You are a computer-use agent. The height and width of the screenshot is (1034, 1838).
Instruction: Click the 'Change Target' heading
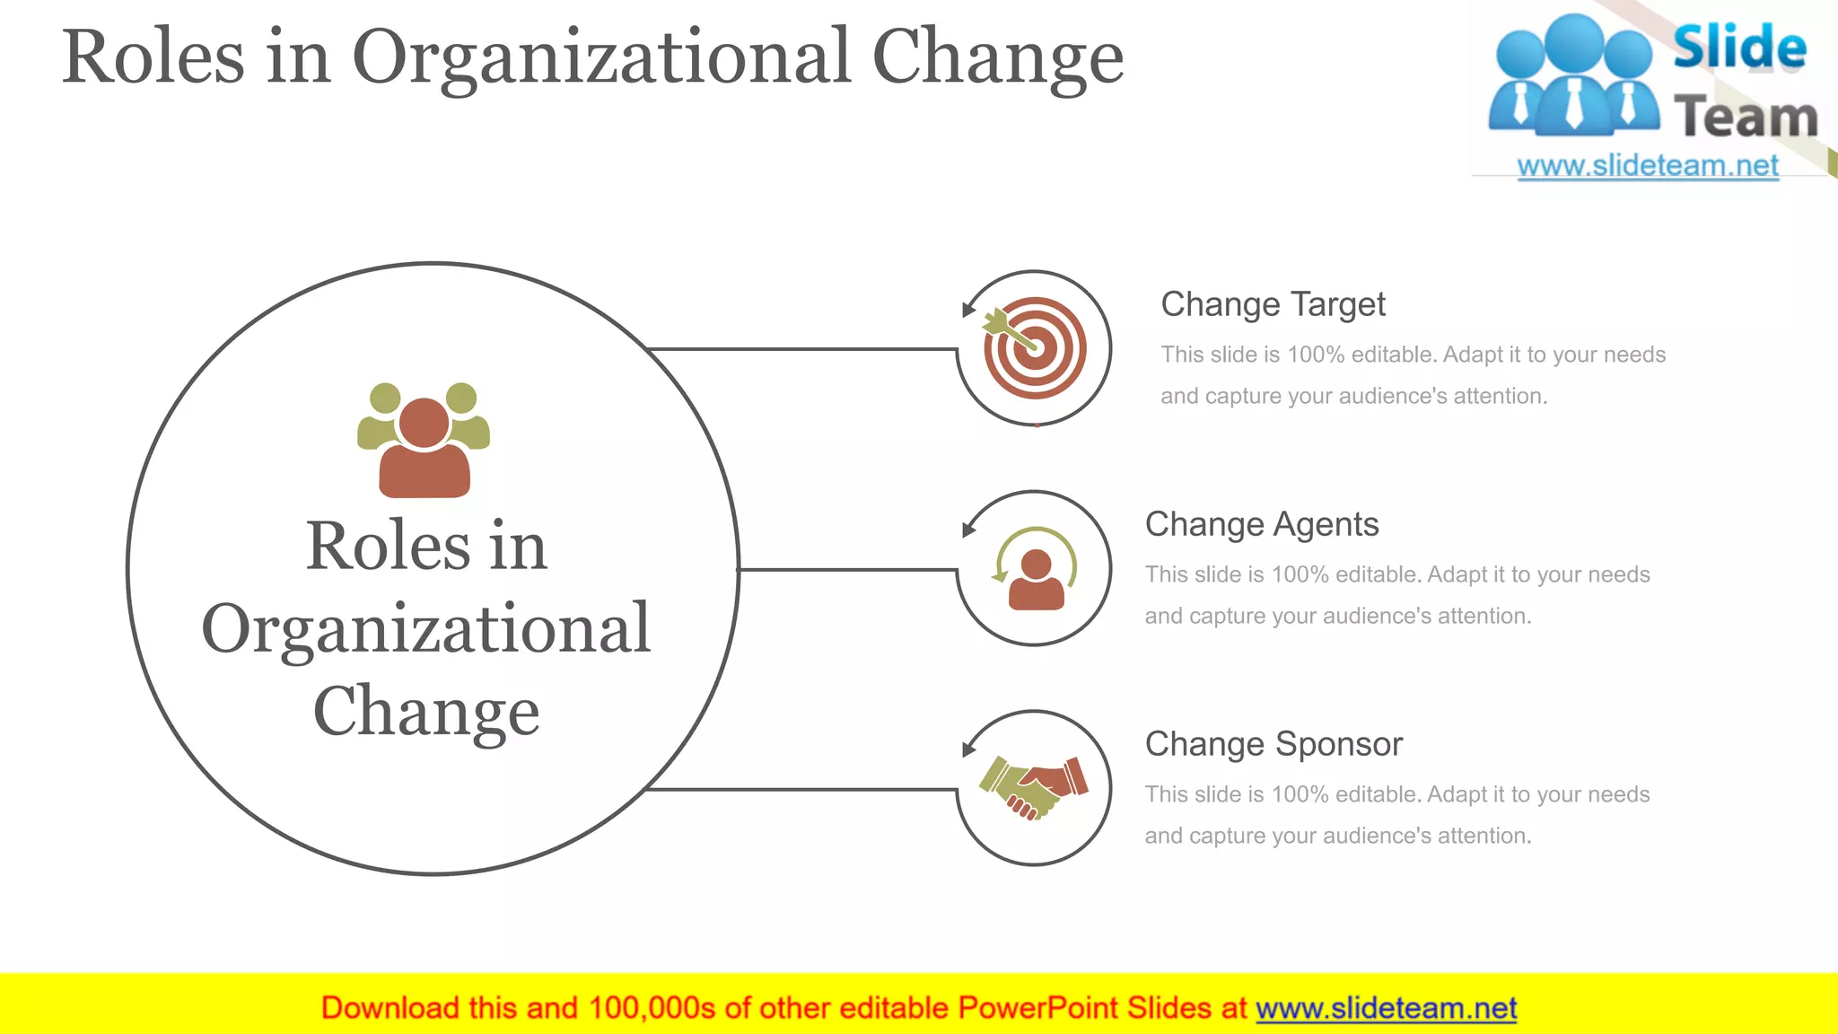click(1273, 304)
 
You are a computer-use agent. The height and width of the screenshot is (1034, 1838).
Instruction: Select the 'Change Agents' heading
click(1261, 524)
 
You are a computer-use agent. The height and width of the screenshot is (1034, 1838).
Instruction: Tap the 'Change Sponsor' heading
click(1273, 744)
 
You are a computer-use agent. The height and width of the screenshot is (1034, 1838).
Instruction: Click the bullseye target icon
click(1035, 348)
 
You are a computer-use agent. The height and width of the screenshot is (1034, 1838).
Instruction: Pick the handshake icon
click(1034, 787)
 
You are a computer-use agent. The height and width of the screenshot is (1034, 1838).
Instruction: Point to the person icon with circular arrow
click(1035, 569)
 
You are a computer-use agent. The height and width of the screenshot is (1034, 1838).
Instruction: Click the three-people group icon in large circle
click(424, 439)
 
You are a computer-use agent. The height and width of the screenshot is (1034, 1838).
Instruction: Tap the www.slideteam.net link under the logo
click(1648, 166)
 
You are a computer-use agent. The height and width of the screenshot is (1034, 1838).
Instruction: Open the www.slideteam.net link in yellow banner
click(1386, 1008)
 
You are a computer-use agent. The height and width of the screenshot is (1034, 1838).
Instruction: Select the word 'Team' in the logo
click(1745, 117)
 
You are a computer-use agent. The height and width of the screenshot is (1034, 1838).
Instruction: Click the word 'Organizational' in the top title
click(601, 57)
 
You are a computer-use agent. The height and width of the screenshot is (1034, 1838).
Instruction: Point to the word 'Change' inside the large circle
click(426, 711)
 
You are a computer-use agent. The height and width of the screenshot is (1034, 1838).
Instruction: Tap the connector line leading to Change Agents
click(848, 569)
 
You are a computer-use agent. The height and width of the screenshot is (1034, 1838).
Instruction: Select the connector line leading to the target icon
click(803, 348)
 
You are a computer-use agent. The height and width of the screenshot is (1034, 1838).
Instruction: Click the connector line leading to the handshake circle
click(803, 789)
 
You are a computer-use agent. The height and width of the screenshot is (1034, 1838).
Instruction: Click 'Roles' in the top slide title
click(153, 57)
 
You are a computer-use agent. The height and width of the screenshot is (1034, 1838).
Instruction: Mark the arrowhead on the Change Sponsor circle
click(968, 749)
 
